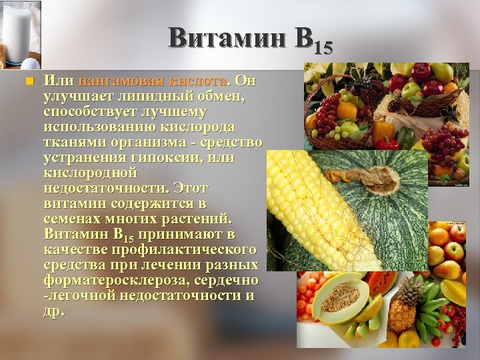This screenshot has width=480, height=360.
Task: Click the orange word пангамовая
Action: [x=121, y=81]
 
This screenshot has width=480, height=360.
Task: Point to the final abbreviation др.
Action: [x=54, y=311]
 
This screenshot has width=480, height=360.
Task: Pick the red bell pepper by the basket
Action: [x=387, y=142]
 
